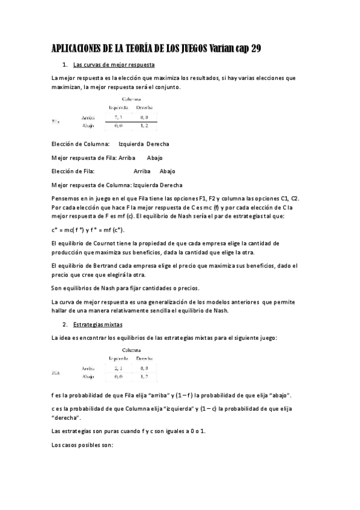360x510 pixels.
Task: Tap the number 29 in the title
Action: pyautogui.click(x=255, y=48)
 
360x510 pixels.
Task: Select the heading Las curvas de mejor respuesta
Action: pyautogui.click(x=114, y=64)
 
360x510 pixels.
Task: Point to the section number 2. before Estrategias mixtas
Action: pyautogui.click(x=65, y=324)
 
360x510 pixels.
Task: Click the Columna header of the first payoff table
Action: pyautogui.click(x=132, y=99)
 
